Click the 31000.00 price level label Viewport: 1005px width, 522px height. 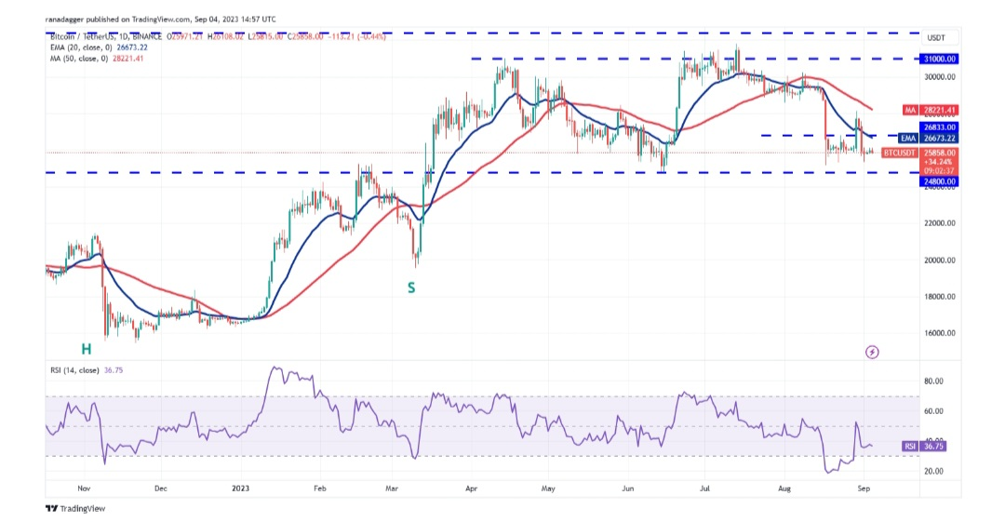pyautogui.click(x=939, y=58)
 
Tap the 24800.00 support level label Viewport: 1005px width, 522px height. pyautogui.click(x=939, y=181)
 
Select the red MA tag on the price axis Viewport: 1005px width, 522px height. pyautogui.click(x=911, y=110)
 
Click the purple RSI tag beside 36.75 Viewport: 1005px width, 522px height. pyautogui.click(x=909, y=447)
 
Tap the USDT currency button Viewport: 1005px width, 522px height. pyautogui.click(x=936, y=38)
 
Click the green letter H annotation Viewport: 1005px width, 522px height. pyautogui.click(x=86, y=349)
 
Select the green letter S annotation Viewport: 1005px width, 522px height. pyautogui.click(x=410, y=288)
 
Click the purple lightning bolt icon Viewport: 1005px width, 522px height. pyautogui.click(x=872, y=352)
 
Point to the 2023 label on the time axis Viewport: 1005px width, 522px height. pyautogui.click(x=240, y=487)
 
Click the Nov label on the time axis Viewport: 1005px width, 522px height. pyautogui.click(x=85, y=487)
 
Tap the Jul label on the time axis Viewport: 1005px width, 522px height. pyautogui.click(x=706, y=487)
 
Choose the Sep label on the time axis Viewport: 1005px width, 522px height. pyautogui.click(x=864, y=487)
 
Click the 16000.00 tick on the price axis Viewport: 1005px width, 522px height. pyautogui.click(x=939, y=333)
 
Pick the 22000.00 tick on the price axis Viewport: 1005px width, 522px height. pyautogui.click(x=939, y=223)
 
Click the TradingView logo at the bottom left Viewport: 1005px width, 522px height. pyautogui.click(x=76, y=508)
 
